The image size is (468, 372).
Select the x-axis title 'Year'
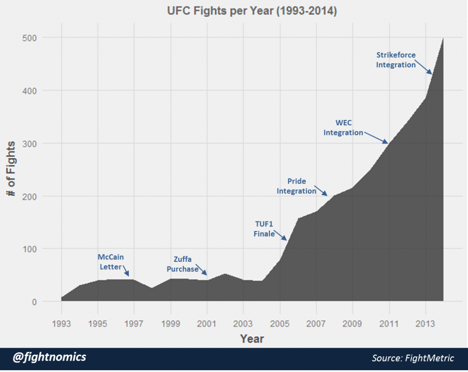(252, 339)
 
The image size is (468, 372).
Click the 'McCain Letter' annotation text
(111, 262)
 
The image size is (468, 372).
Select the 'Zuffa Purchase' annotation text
(182, 264)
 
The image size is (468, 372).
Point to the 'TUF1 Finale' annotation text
(264, 229)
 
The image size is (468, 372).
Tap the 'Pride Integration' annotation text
(297, 186)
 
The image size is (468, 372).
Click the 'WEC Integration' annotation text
(343, 128)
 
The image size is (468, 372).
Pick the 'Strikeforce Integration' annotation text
(396, 60)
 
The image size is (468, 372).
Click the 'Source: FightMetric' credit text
(413, 358)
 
